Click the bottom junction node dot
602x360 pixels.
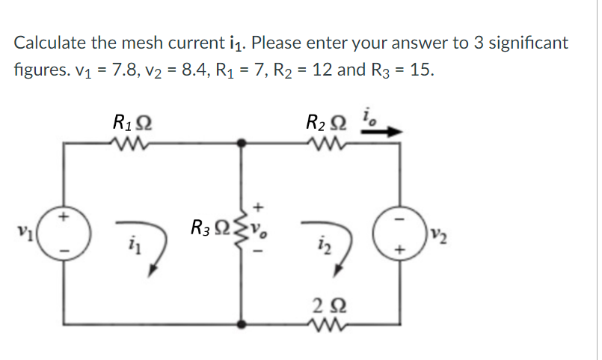tap(241, 324)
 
